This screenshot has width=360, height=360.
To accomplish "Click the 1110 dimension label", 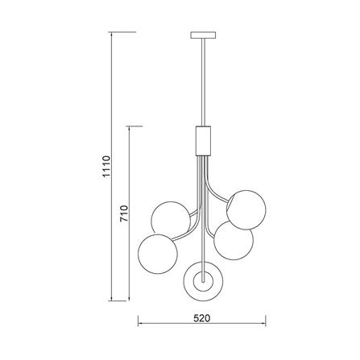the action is pyautogui.click(x=106, y=167).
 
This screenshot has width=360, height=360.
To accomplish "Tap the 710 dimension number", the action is pyautogui.click(x=124, y=213).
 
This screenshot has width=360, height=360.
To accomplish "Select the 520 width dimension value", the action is pyautogui.click(x=202, y=318).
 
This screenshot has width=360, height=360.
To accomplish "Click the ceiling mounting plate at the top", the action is pyautogui.click(x=203, y=35).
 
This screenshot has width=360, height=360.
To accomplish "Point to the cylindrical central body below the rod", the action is pyautogui.click(x=203, y=141).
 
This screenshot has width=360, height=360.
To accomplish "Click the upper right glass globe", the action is pyautogui.click(x=246, y=210).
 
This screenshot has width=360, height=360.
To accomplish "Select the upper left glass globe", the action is pyautogui.click(x=171, y=219).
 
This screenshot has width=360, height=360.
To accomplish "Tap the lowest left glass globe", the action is pyautogui.click(x=158, y=254).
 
